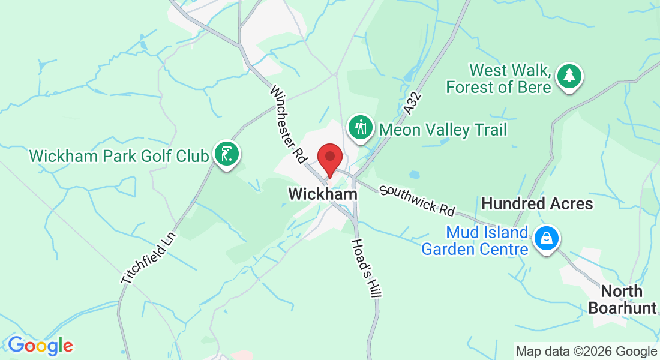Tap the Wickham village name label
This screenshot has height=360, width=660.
[323, 194]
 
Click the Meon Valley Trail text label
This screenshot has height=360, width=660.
[443, 130]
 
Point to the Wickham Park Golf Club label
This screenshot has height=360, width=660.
[119, 156]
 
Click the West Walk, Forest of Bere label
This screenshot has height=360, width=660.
[498, 79]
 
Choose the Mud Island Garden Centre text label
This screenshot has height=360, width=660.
[475, 240]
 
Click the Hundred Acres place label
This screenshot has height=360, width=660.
[537, 204]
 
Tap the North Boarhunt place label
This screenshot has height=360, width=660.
[621, 299]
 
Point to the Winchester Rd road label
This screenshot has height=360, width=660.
[289, 125]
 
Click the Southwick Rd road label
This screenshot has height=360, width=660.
[417, 200]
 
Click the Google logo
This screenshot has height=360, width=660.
[40, 346]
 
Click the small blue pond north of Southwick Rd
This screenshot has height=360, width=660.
[415, 175]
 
